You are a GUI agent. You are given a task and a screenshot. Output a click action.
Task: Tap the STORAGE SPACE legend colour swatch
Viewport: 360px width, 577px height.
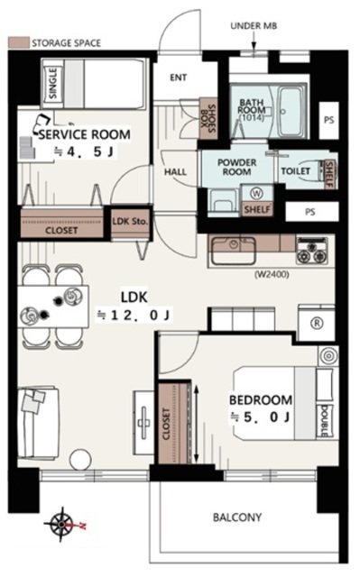18,42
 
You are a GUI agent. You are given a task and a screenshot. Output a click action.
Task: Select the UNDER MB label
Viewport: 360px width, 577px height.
254,26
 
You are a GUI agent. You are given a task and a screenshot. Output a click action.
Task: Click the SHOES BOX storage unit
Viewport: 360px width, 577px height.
208,118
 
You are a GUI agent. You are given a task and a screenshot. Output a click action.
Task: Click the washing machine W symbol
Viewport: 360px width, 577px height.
255,192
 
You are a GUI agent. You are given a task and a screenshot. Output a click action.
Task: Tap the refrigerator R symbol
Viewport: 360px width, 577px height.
317,323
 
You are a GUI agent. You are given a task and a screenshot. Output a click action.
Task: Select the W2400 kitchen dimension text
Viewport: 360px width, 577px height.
272,274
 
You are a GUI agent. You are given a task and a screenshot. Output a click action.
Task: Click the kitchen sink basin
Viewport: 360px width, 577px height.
233,251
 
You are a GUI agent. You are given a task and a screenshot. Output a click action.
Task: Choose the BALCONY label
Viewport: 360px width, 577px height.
237,517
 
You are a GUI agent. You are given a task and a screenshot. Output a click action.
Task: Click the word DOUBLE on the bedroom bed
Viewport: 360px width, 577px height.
325,421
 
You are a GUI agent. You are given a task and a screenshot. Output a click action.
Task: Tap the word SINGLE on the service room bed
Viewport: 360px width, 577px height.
53,83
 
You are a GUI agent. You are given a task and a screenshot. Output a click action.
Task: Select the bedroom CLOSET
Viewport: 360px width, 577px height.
172,423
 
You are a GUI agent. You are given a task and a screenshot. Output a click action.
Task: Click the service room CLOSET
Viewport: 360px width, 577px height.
61,224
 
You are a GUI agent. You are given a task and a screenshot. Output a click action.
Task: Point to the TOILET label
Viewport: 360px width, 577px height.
296,171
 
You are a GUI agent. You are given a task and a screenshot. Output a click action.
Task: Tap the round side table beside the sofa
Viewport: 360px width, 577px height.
80,460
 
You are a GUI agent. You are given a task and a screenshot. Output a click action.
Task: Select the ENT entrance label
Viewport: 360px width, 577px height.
178,78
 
